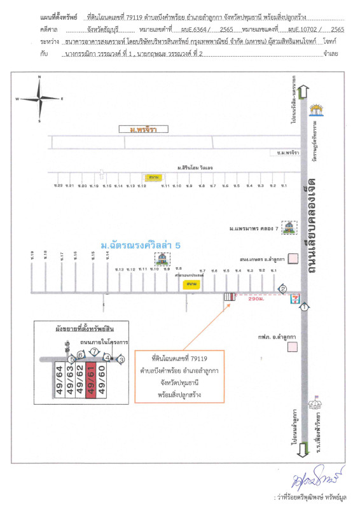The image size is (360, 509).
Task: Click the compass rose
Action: (x=39, y=98)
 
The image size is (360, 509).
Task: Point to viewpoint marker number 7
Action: (x=93, y=351)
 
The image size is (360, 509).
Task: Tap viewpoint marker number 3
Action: (x=121, y=359)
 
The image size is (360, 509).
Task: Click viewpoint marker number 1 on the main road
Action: (x=305, y=307)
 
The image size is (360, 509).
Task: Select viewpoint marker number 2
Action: (x=283, y=289)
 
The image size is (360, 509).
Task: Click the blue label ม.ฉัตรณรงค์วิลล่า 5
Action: (x=133, y=244)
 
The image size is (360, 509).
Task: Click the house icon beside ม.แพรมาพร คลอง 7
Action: (x=290, y=227)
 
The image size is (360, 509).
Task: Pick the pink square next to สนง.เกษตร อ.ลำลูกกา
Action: (x=293, y=258)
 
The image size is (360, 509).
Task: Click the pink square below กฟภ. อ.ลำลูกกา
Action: (x=292, y=347)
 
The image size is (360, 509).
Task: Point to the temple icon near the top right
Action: (x=314, y=109)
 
